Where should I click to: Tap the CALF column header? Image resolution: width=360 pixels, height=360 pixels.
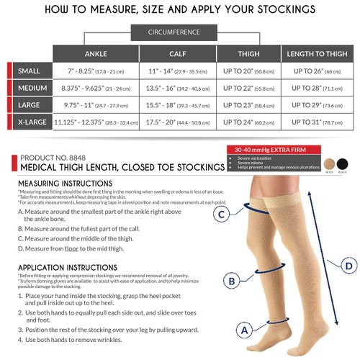pos(178,54)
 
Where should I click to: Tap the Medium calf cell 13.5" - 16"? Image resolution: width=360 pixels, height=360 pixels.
pos(178,89)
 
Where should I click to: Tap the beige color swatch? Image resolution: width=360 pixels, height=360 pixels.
pos(330,163)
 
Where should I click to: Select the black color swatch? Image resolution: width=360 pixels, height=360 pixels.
pos(345,163)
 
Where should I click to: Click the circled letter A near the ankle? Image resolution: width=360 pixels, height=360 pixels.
pos(244,330)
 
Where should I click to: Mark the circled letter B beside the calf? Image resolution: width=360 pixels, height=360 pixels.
pos(232,280)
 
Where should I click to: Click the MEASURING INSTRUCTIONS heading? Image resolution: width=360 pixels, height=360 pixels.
pos(66,184)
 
